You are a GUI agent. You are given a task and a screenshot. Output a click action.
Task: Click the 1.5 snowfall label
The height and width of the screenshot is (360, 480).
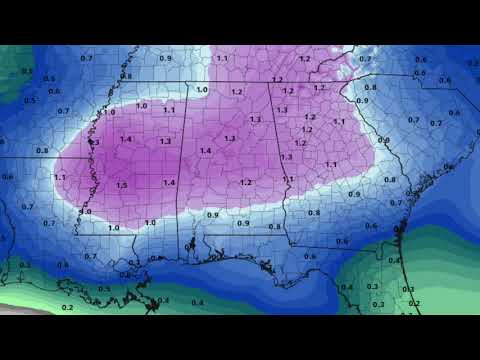[x=121, y=185]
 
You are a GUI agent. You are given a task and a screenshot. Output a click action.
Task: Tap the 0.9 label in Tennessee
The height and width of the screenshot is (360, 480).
[x=165, y=59]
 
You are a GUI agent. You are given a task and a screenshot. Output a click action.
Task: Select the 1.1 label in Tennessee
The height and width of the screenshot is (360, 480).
[x=221, y=59]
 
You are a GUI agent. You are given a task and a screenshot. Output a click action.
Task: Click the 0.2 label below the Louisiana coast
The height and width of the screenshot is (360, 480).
[x=67, y=308]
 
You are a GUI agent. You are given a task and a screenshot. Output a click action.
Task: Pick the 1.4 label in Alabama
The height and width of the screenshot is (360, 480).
[x=206, y=150]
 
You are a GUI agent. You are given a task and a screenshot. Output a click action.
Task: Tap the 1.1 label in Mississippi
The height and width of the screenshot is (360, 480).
[x=169, y=110]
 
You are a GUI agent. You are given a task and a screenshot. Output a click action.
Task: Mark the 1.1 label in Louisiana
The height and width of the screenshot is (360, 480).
[x=60, y=177]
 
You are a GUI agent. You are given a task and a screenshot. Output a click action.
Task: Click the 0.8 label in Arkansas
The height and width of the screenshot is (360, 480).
[x=42, y=150]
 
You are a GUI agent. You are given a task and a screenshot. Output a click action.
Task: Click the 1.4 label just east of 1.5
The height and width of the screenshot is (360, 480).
[x=169, y=182]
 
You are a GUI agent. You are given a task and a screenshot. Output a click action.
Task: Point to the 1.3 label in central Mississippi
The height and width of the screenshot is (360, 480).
[x=165, y=142]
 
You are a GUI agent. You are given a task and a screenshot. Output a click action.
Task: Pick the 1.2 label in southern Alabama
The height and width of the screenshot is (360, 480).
[x=246, y=182]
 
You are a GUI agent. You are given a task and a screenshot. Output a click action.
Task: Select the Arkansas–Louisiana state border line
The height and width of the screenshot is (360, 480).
[x=50, y=158]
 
